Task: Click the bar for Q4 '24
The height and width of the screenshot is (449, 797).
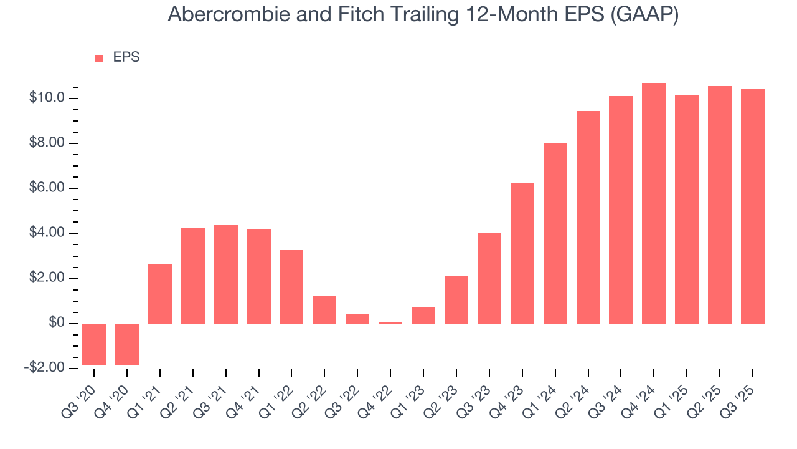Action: coord(654,203)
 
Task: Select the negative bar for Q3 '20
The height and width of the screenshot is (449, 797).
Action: coord(94,344)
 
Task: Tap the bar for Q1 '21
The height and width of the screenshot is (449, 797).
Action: coord(160,294)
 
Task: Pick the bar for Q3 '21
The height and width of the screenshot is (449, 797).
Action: coord(226,274)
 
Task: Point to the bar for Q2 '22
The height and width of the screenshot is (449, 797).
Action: coord(324,309)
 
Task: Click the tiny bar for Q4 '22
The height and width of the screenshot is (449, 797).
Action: coord(390,322)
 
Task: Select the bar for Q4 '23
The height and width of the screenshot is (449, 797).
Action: coord(522,253)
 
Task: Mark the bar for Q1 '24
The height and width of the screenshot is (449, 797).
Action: coord(555,233)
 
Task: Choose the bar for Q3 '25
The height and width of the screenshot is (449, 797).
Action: coord(753,206)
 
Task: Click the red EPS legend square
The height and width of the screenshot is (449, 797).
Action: coord(99,59)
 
